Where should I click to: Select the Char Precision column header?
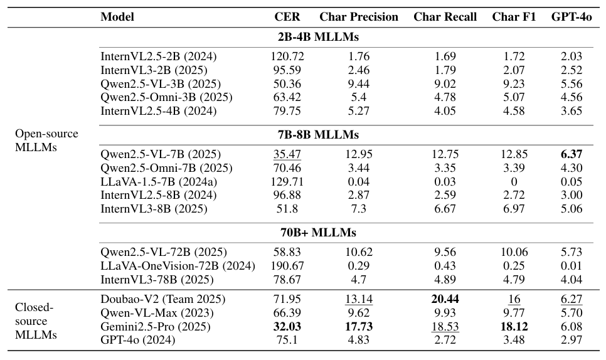pyautogui.click(x=359, y=17)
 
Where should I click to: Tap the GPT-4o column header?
pyautogui.click(x=571, y=17)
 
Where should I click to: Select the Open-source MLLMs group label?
pyautogui.click(x=47, y=140)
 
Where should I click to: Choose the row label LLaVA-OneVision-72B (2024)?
pyautogui.click(x=178, y=265)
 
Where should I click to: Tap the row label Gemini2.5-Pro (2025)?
pyautogui.click(x=155, y=327)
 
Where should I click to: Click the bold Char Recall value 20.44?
pyautogui.click(x=445, y=300)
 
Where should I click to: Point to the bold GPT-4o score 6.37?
pyautogui.click(x=571, y=154)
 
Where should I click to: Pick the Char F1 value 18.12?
pyautogui.click(x=514, y=327)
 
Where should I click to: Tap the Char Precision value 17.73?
pyautogui.click(x=359, y=327)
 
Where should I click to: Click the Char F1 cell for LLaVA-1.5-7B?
pyautogui.click(x=514, y=182)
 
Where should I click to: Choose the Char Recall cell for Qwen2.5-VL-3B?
pyautogui.click(x=445, y=84)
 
